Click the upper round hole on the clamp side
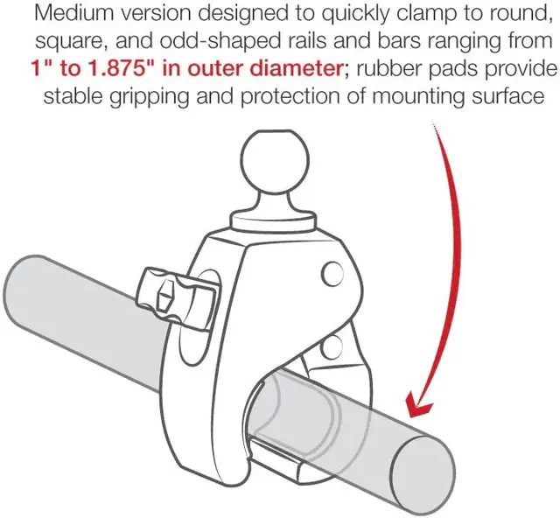coord(332,274)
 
